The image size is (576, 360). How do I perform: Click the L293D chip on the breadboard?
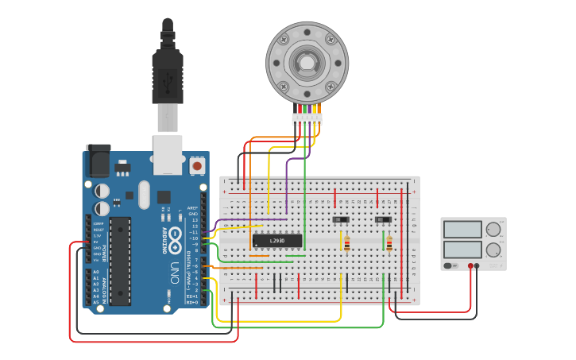pyautogui.click(x=277, y=240)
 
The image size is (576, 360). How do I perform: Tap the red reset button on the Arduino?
pyautogui.click(x=196, y=165)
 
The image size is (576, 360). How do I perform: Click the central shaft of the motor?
pyautogui.click(x=307, y=62)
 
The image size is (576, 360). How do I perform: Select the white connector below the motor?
pyautogui.click(x=307, y=119)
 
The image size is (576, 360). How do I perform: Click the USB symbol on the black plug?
pyautogui.click(x=167, y=79)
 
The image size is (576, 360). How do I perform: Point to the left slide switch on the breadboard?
pyautogui.click(x=341, y=219)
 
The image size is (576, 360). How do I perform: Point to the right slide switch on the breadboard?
pyautogui.click(x=384, y=219)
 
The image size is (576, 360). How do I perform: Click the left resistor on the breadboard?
pyautogui.click(x=347, y=244)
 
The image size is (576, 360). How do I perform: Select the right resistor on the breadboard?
pyautogui.click(x=389, y=244)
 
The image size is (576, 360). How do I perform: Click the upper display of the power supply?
pyautogui.click(x=462, y=230)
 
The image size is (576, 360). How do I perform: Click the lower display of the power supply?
pyautogui.click(x=462, y=249)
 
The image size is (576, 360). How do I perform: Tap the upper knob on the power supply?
pyautogui.click(x=493, y=230)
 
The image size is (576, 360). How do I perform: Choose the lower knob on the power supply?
pyautogui.click(x=493, y=250)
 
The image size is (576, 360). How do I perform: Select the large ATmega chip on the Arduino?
pyautogui.click(x=120, y=260)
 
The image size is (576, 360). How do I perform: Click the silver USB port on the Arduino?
pyautogui.click(x=168, y=154)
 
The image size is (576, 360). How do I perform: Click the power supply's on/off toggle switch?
pyautogui.click(x=450, y=265)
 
